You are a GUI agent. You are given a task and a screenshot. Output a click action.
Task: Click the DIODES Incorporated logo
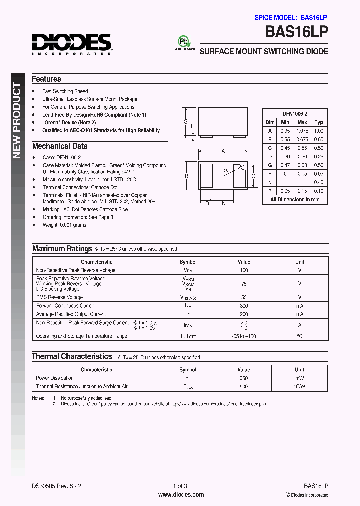72,43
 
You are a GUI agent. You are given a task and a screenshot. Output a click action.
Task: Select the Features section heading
46,79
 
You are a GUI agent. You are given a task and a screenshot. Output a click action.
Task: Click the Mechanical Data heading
60,146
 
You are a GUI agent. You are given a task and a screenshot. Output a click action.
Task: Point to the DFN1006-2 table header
295,114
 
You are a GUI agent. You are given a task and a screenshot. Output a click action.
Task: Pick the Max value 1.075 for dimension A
302,131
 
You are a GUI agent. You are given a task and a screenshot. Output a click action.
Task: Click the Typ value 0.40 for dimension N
319,182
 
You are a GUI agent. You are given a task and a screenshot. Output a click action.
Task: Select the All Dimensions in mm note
295,199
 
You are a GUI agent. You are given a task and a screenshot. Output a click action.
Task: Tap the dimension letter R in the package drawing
226,171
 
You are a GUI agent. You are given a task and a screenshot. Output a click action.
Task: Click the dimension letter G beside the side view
185,122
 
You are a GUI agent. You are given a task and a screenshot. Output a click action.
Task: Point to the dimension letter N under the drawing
224,203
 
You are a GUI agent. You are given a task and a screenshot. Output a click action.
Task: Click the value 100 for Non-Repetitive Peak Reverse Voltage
244,270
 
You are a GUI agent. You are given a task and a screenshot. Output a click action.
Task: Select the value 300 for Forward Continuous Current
244,306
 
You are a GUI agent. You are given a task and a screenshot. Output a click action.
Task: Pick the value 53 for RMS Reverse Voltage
244,297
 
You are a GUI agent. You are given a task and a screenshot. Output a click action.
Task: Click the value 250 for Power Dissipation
244,378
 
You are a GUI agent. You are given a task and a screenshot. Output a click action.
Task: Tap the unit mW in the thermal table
299,378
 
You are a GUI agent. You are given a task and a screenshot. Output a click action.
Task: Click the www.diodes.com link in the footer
181,495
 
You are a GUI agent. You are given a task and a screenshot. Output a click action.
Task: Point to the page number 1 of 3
180,486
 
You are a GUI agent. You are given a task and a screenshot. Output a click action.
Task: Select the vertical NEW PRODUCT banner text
16,120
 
